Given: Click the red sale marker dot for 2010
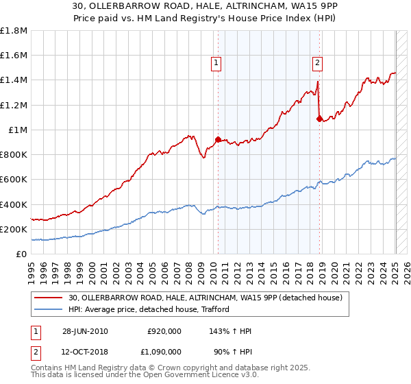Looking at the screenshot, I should coord(219,139).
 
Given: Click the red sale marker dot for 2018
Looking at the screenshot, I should coord(319,119).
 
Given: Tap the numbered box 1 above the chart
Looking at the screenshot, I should coord(216,63).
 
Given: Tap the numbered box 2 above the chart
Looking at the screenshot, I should coord(318,63).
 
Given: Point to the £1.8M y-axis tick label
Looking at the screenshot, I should coord(14,31).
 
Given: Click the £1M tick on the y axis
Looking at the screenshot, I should coord(18,130).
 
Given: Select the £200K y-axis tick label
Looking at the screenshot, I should coord(14,229).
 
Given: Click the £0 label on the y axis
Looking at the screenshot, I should coord(22,254).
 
